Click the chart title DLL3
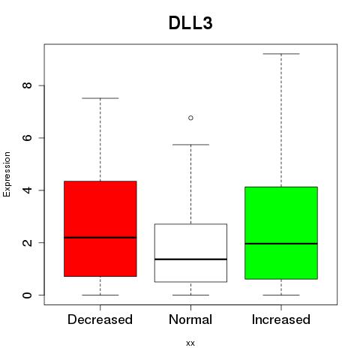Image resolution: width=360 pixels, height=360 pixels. pyautogui.click(x=190, y=23)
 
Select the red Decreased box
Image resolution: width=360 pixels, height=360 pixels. pyautogui.click(x=100, y=229)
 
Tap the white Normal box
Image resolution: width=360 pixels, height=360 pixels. pyautogui.click(x=190, y=253)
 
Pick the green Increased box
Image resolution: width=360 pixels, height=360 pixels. pyautogui.click(x=281, y=232)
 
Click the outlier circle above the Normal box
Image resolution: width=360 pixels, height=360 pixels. pyautogui.click(x=190, y=118)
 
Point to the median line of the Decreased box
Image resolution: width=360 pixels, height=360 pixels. pyautogui.click(x=100, y=238)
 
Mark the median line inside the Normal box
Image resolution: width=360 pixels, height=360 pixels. pyautogui.click(x=190, y=259)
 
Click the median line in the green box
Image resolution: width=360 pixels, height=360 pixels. pyautogui.click(x=281, y=243)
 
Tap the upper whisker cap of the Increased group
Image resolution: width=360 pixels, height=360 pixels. pyautogui.click(x=281, y=54)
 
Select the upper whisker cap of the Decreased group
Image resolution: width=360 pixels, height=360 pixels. pyautogui.click(x=100, y=98)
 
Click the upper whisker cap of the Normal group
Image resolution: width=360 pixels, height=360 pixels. pyautogui.click(x=190, y=145)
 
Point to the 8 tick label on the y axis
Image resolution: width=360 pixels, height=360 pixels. pyautogui.click(x=27, y=85)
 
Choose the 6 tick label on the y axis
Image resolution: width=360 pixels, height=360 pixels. pyautogui.click(x=27, y=138)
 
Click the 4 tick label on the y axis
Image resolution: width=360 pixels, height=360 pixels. pyautogui.click(x=27, y=190)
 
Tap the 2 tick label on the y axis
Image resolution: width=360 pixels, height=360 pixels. pyautogui.click(x=27, y=242)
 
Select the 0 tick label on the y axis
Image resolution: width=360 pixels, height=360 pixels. pyautogui.click(x=27, y=295)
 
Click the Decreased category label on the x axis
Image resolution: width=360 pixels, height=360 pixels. pyautogui.click(x=100, y=319)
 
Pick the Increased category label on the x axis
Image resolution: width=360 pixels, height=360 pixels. pyautogui.click(x=281, y=319)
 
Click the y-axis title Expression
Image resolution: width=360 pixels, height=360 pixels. pyautogui.click(x=7, y=174)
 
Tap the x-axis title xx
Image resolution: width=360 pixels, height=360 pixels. pyautogui.click(x=190, y=343)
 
